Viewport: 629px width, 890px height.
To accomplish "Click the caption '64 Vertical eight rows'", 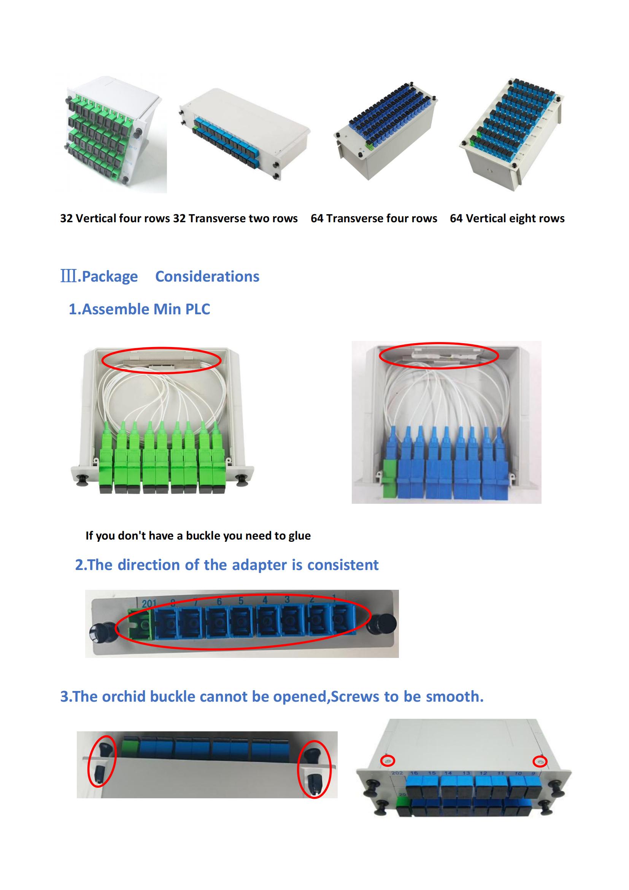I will coord(507,218).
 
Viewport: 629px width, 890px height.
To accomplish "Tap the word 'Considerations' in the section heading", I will coord(207,276).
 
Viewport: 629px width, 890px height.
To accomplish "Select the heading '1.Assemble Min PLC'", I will coord(140,309).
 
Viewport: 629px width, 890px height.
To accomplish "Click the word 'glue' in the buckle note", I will coord(299,536).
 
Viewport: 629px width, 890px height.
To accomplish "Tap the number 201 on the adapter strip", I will coord(149,603).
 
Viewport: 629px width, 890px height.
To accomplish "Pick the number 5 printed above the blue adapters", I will coord(241,601).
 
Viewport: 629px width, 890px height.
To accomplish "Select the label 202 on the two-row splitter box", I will coord(397,773).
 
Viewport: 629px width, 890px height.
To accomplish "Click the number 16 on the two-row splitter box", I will coord(414,773).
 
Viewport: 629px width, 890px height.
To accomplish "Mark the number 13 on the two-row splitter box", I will coord(466,773).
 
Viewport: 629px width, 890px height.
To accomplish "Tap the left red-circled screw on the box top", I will coord(388,761).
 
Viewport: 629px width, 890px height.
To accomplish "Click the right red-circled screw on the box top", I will coord(540,762).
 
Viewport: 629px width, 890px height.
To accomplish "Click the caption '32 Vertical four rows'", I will coord(115,218).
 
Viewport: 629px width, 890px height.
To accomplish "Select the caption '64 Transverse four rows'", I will coord(374,218).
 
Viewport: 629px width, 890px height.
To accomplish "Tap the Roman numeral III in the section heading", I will coord(68,276).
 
